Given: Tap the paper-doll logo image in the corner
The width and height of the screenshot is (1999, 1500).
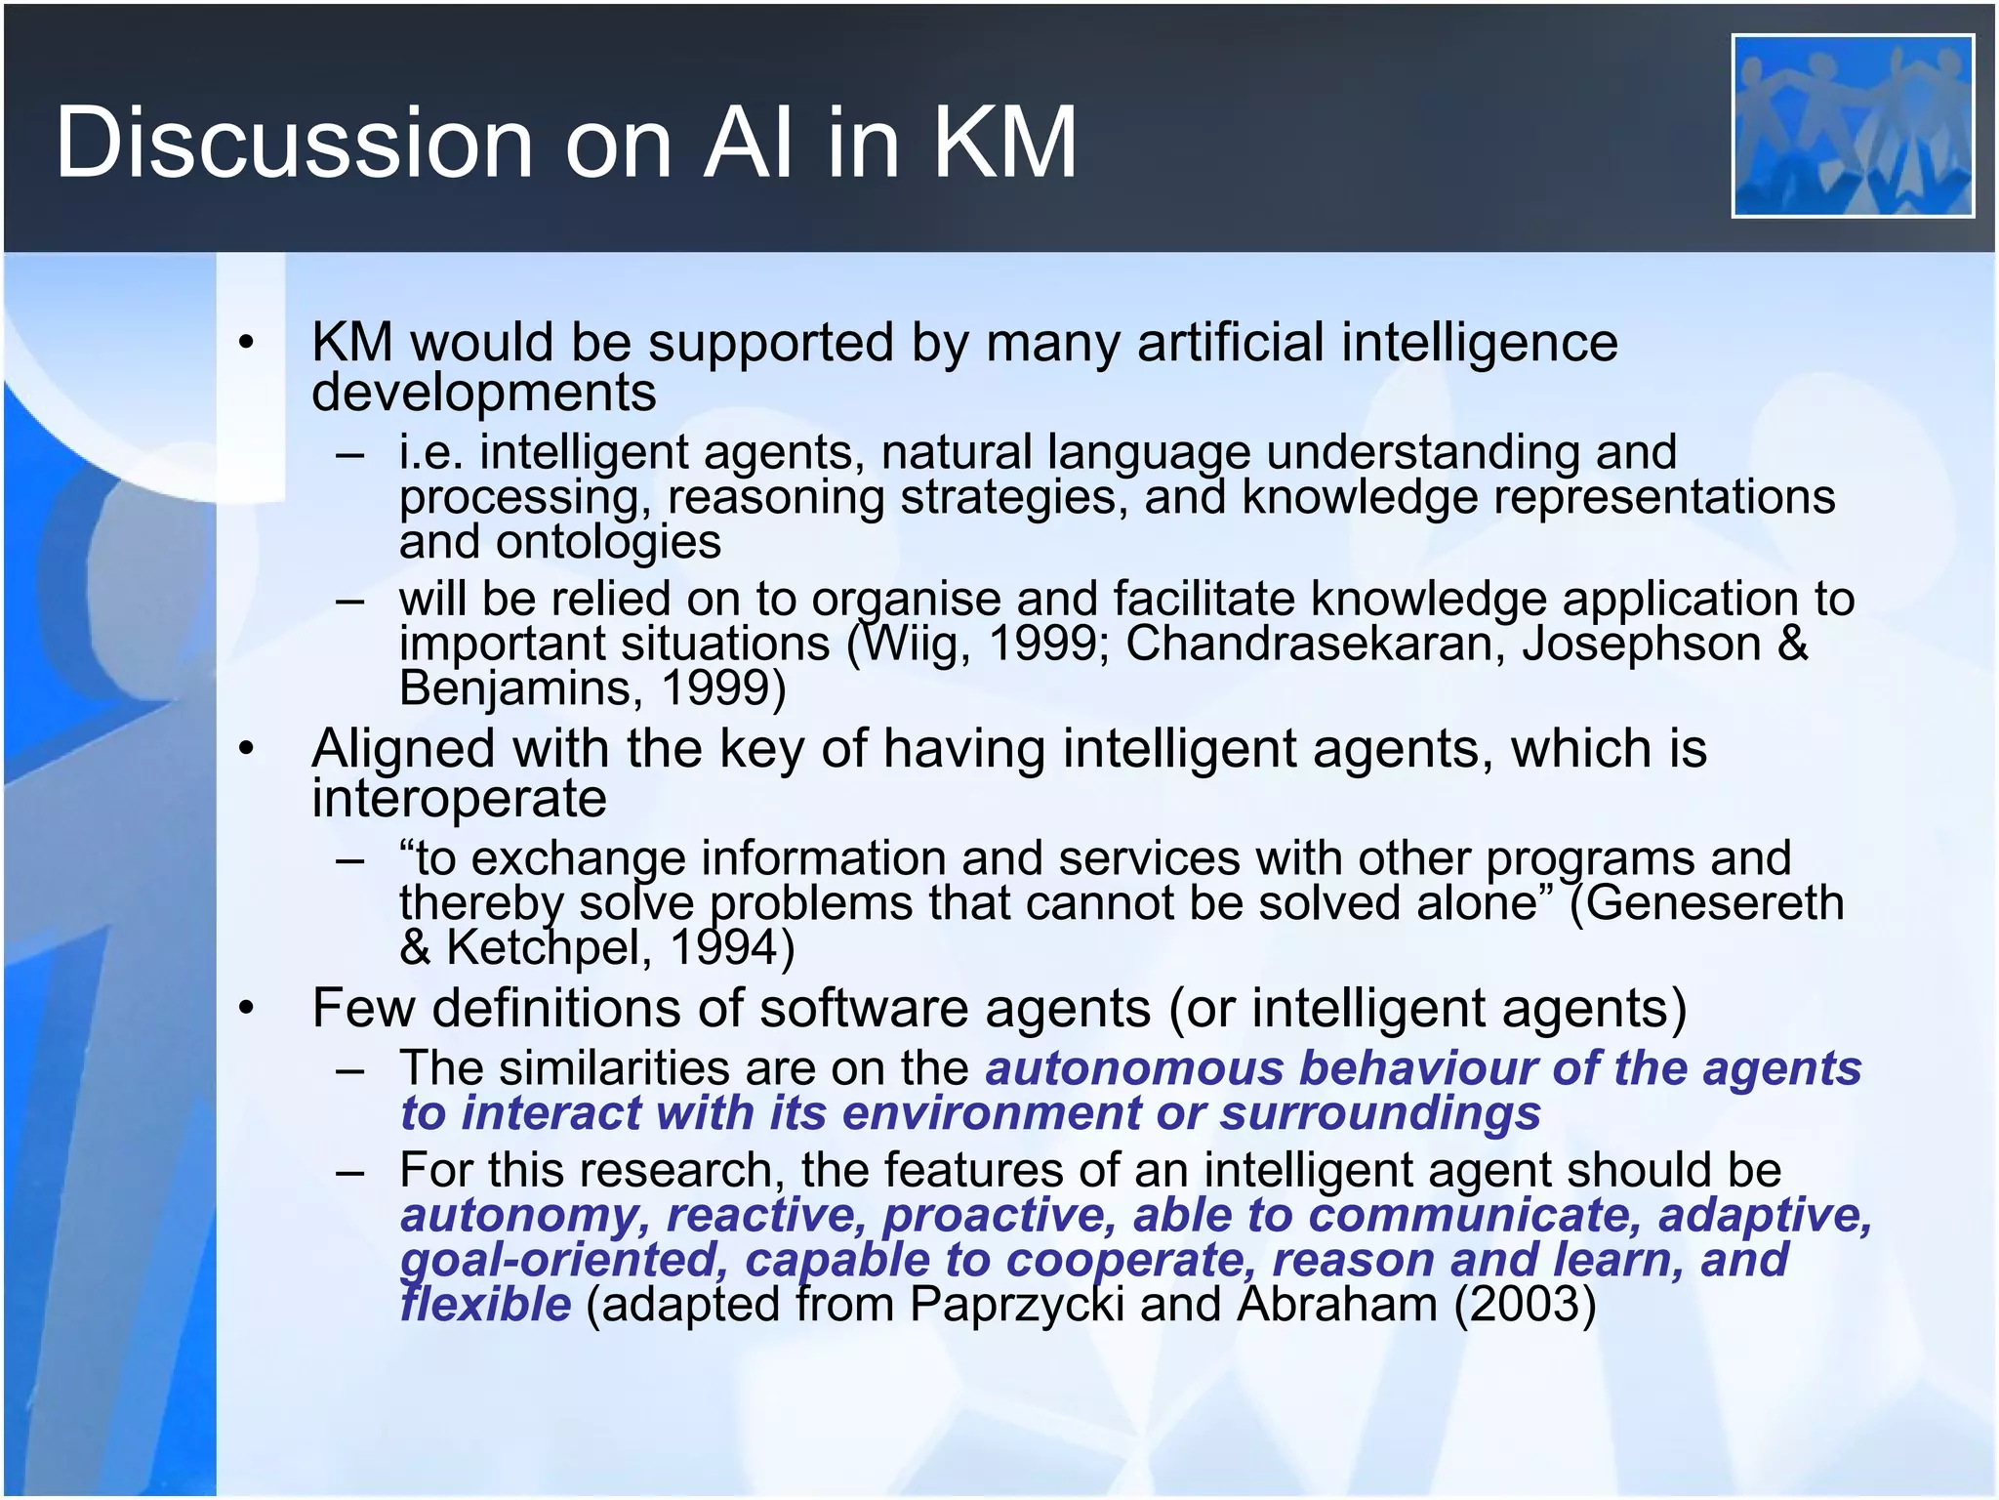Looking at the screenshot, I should coord(1853,126).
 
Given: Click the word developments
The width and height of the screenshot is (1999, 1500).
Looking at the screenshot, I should coord(483,393).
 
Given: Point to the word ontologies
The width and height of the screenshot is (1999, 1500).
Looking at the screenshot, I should coord(608,542).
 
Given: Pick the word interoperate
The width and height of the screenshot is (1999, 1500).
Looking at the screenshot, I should coord(459,799).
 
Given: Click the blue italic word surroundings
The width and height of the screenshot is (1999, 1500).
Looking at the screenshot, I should coord(1380,1113).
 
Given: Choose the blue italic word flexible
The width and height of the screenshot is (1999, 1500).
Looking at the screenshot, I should coord(485,1305).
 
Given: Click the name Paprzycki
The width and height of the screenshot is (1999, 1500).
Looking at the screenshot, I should coord(1016,1305).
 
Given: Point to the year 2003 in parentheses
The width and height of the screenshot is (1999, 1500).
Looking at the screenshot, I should coord(1524,1305).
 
